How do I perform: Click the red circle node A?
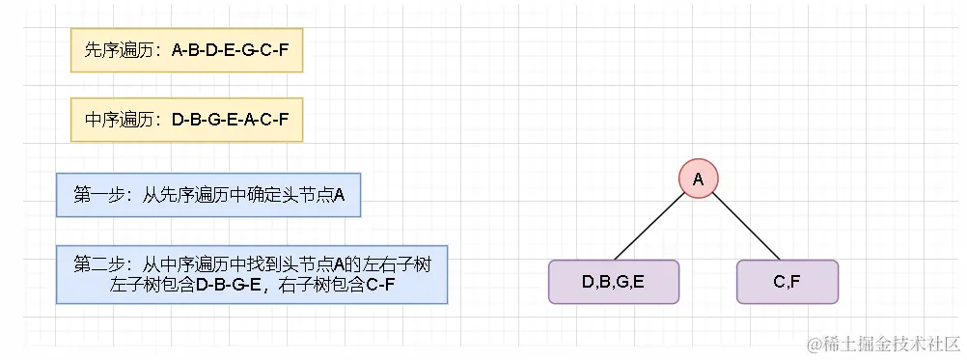[698, 178]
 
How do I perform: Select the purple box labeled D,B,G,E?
[614, 282]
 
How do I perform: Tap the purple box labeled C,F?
[787, 282]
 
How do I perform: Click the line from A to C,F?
[744, 229]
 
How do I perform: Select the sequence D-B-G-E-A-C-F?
[230, 120]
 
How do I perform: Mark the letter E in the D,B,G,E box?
[638, 282]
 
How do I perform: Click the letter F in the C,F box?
[794, 282]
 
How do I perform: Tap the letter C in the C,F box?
[779, 282]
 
